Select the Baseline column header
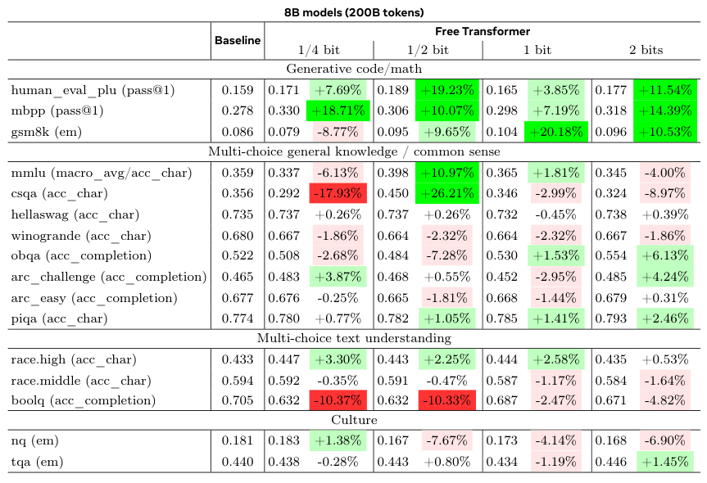click(x=238, y=40)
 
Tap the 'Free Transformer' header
click(x=482, y=32)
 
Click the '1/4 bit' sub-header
click(x=319, y=50)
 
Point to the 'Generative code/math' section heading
click(x=353, y=68)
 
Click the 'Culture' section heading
click(x=353, y=420)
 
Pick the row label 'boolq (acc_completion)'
click(x=83, y=400)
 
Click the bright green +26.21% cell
click(x=449, y=194)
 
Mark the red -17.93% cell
click(x=338, y=194)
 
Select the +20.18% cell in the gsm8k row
click(x=556, y=130)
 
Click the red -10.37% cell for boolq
click(x=338, y=400)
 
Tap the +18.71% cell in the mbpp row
click(x=338, y=109)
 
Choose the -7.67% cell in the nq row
click(x=449, y=441)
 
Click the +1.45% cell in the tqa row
click(x=665, y=463)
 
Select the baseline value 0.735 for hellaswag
click(x=238, y=214)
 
